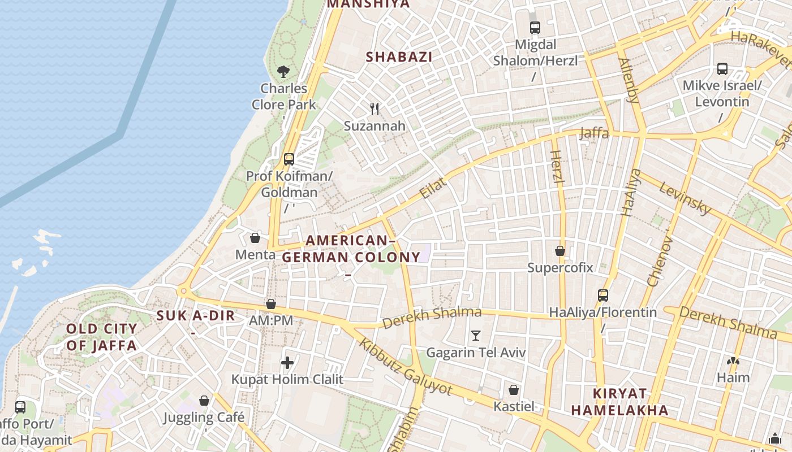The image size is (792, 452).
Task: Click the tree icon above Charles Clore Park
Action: pyautogui.click(x=283, y=72)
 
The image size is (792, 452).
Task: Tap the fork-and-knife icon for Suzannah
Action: pyautogui.click(x=375, y=108)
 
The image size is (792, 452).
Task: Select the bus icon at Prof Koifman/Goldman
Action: pyautogui.click(x=289, y=159)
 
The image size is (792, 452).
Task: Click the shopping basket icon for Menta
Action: pyautogui.click(x=255, y=238)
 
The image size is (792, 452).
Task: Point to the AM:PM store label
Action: pyautogui.click(x=271, y=320)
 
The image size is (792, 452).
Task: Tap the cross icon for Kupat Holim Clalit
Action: pyautogui.click(x=287, y=363)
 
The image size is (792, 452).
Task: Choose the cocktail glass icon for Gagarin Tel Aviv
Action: pyautogui.click(x=476, y=336)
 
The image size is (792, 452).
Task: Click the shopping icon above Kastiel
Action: pyautogui.click(x=514, y=390)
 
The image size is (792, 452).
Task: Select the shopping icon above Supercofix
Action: pyautogui.click(x=560, y=251)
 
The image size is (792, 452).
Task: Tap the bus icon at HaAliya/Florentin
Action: pyautogui.click(x=603, y=295)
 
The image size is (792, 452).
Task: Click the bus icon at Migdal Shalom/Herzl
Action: pyautogui.click(x=535, y=27)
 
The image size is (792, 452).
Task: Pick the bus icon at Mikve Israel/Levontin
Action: pyautogui.click(x=722, y=69)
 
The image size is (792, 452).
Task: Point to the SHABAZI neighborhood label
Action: pyautogui.click(x=399, y=56)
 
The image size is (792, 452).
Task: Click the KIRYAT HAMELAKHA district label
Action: pyautogui.click(x=619, y=402)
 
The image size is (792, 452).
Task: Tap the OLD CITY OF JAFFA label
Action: pyautogui.click(x=102, y=337)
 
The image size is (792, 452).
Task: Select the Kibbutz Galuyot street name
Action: pyautogui.click(x=406, y=368)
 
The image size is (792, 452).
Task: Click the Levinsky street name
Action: pyautogui.click(x=685, y=198)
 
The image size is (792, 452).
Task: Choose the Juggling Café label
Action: pyautogui.click(x=204, y=418)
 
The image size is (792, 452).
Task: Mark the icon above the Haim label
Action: pyautogui.click(x=733, y=361)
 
